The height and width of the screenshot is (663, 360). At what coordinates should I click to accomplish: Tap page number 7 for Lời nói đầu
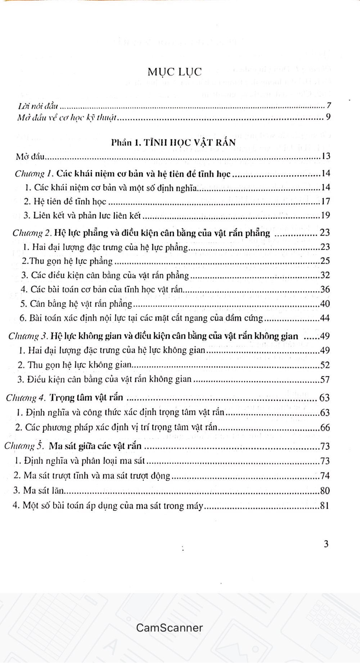[x=329, y=106]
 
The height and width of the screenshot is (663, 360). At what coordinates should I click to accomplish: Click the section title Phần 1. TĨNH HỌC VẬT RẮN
[x=174, y=142]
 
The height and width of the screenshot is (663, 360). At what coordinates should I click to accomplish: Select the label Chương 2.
[x=31, y=233]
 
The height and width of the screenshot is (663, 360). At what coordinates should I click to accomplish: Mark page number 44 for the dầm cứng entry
[x=325, y=318]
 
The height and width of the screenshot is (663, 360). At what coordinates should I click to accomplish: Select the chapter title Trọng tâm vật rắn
[x=87, y=398]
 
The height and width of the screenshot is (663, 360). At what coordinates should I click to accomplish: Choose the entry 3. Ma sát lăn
[x=39, y=490]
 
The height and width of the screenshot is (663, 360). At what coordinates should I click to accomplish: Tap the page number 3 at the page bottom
[x=326, y=544]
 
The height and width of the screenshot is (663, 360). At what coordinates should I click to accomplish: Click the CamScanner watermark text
[x=169, y=627]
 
